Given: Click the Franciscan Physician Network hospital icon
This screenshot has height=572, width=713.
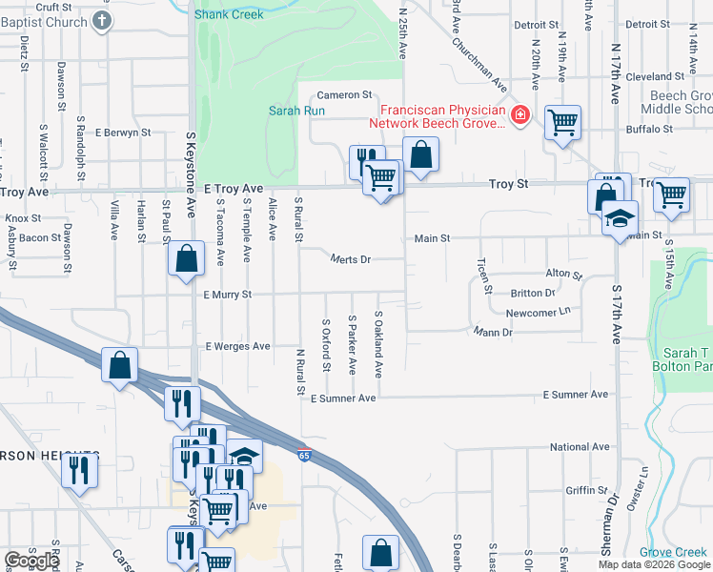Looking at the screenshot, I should point(520,116).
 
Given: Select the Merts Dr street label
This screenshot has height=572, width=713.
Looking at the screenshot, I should point(350,258).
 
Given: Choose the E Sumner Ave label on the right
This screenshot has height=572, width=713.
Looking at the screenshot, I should point(575,395).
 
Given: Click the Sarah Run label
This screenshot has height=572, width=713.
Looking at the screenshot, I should point(296,111).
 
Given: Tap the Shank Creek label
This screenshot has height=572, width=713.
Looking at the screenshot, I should point(229,14).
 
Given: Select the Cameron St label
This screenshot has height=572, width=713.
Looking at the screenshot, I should point(344,95).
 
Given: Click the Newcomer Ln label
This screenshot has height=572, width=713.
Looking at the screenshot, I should point(538,312).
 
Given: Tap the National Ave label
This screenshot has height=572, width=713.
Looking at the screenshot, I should point(580,446).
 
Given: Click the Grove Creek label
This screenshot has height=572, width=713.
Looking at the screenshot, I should point(672,552).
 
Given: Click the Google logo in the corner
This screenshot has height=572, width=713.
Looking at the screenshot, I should point(31,561).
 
